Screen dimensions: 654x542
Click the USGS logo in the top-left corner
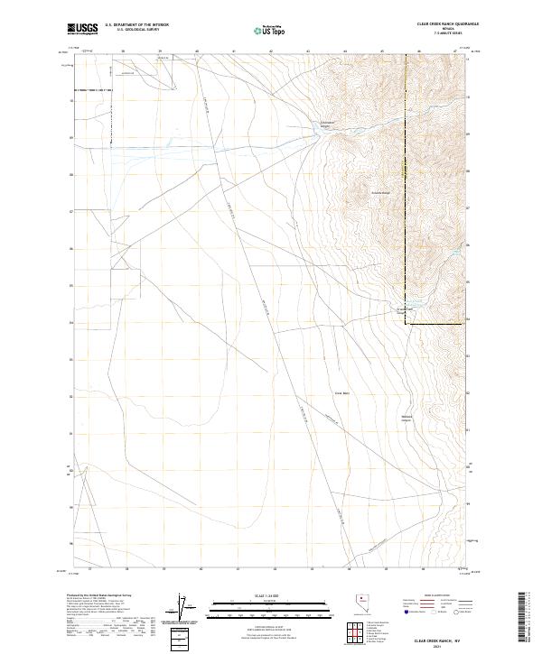click(x=82, y=29)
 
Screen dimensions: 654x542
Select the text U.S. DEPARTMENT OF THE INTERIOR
click(x=136, y=25)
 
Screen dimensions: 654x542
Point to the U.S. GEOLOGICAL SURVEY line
click(x=136, y=30)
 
